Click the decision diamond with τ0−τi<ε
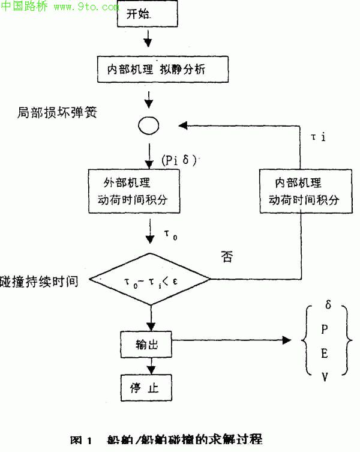coord(149,280)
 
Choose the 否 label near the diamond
coord(227,258)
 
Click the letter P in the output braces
coord(325,329)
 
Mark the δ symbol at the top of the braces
coord(328,305)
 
